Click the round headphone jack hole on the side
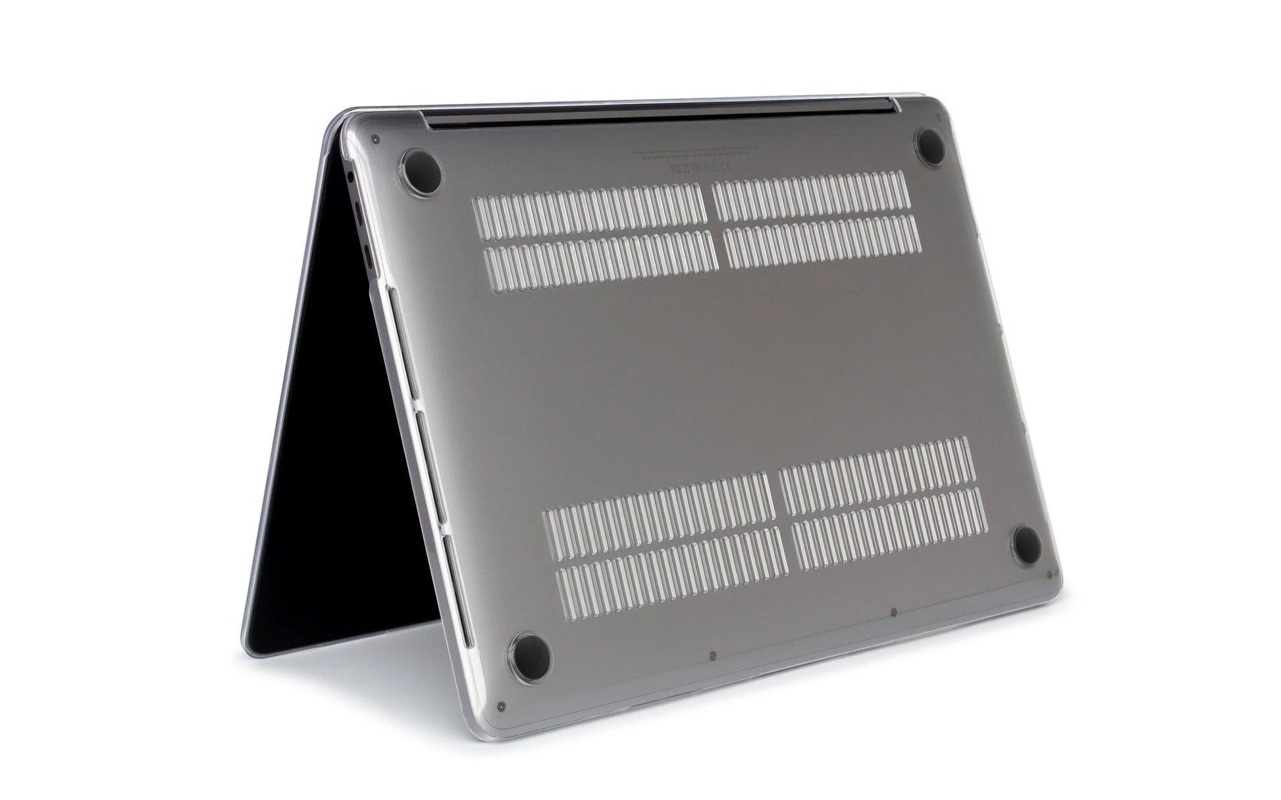click(350, 176)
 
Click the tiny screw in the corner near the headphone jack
click(375, 139)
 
